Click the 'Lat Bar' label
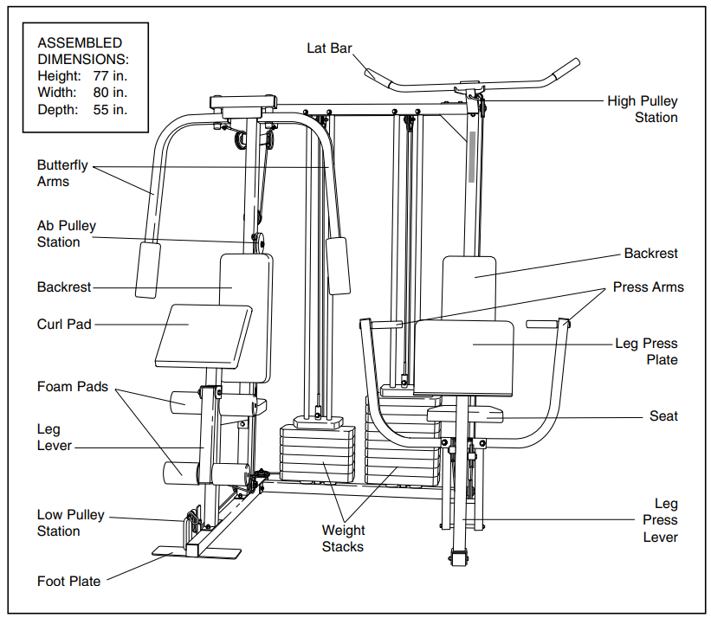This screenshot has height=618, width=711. coord(329,48)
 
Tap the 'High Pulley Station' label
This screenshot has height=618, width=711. coord(642,109)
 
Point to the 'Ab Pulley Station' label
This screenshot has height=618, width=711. coord(66,234)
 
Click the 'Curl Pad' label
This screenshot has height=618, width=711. coord(64,325)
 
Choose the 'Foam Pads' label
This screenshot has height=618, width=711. coord(72,386)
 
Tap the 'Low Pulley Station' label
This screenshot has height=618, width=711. coord(70,523)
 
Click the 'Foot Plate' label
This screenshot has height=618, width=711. coord(68,581)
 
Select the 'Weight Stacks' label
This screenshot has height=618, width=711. coord(343,538)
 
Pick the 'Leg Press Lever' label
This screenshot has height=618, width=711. coord(660,520)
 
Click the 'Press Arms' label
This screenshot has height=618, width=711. coord(648,287)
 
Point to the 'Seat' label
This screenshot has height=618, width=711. coord(663,416)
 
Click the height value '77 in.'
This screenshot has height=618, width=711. coord(110,75)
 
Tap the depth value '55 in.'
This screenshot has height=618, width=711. coord(110,109)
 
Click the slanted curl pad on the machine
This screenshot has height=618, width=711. coord(203,334)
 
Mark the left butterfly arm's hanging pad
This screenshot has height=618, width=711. coord(148,269)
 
